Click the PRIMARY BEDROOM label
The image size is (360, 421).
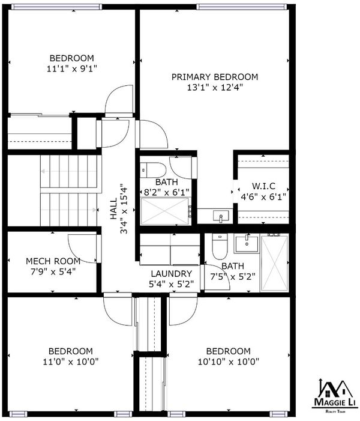215,77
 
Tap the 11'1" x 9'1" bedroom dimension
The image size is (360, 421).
71,69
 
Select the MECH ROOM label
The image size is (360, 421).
53,261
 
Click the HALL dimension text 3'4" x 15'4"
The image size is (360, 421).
124,208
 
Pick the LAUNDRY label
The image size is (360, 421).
172,274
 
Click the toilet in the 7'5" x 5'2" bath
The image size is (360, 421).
220,246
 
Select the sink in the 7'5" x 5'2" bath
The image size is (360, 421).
247,243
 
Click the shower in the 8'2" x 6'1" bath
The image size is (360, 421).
165,211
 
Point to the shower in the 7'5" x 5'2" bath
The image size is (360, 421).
274,262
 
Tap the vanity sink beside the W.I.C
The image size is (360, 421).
221,216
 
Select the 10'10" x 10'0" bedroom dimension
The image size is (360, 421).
229,362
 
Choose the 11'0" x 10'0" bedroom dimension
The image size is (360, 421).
71,362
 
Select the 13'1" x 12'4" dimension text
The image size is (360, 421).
215,88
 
